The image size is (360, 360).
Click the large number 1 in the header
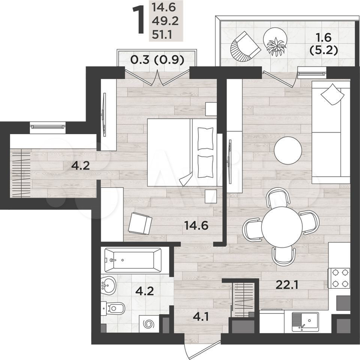point(139,20)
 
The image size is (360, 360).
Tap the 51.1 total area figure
point(162,35)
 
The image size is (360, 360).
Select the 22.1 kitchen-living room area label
point(287,285)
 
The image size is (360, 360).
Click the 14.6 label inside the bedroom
point(196,225)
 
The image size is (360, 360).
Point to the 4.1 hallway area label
point(201,317)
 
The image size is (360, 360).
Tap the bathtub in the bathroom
point(133,260)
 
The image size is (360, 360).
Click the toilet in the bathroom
point(113,308)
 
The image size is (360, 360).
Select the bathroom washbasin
point(108,286)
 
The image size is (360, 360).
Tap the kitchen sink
point(305,321)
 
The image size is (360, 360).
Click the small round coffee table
point(288,150)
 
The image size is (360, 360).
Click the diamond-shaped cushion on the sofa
point(333,94)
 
